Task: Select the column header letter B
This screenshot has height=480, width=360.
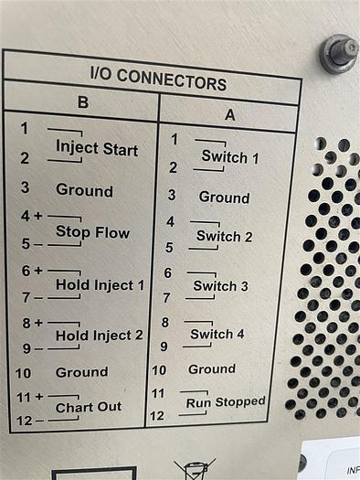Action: [82, 103]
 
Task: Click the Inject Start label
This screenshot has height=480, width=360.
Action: [97, 148]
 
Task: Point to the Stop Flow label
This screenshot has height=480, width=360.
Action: [92, 232]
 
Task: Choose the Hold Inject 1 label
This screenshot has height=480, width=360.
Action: [100, 285]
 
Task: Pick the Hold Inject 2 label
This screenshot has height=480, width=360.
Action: [99, 336]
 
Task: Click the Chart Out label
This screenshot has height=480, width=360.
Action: [89, 407]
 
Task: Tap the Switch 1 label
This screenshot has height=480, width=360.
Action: [230, 157]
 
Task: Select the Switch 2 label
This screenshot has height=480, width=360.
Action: [225, 236]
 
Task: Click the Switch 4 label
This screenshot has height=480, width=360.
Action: [217, 334]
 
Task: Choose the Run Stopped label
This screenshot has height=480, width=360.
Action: [226, 401]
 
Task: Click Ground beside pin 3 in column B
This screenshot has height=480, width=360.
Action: [84, 190]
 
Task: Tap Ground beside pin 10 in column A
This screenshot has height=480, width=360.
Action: [212, 368]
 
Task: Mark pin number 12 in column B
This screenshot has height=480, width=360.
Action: [24, 420]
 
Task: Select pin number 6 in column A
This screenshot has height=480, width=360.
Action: [167, 272]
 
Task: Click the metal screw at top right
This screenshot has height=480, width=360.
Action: [338, 53]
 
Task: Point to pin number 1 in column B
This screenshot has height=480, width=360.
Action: [25, 128]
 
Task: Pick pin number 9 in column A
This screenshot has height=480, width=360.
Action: [164, 347]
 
